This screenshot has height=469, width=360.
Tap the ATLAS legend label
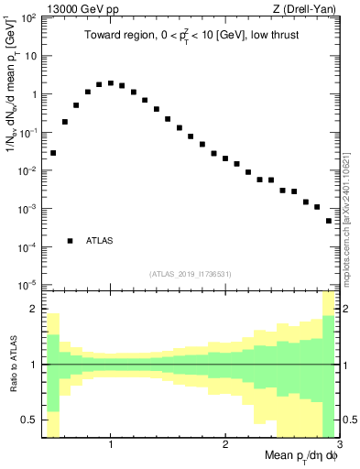[x=99, y=241]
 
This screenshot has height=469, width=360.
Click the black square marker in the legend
[x=70, y=241]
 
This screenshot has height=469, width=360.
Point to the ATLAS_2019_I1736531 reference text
[x=191, y=274]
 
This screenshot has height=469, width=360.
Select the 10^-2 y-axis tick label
[x=27, y=170]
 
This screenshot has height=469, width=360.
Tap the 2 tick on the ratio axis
[x=33, y=310]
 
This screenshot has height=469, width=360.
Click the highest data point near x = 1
[x=111, y=83]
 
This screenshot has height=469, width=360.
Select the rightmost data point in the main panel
[x=329, y=221]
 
